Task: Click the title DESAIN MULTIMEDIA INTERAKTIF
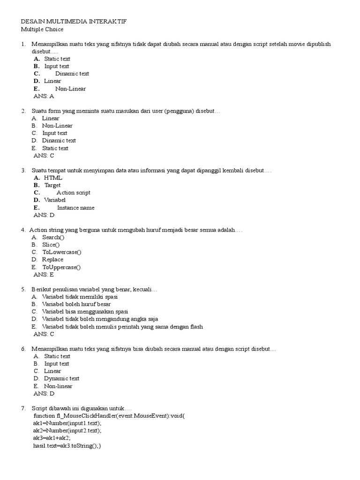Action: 74,22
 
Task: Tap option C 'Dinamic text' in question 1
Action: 72,74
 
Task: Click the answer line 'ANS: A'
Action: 44,96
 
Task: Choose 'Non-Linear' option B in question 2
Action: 57,126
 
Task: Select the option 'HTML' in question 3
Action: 53,178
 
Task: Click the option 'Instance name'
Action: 75,208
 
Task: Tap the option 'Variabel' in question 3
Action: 55,200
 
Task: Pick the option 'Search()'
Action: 53,237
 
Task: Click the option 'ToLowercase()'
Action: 61,252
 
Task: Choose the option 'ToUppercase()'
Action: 61,267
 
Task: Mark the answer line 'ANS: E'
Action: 44,275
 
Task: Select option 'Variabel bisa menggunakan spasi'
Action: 85,312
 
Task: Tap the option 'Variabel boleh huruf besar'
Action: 76,304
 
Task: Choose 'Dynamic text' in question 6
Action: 61,378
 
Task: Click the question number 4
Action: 23,230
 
